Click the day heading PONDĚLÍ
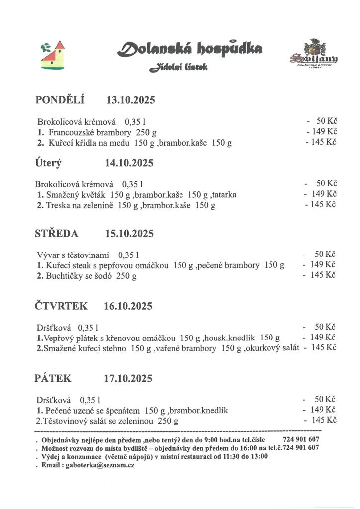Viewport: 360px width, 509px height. (60, 100)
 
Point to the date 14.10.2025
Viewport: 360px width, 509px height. (129, 163)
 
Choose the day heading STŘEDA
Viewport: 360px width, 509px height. (57, 234)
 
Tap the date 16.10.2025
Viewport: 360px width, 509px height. (128, 306)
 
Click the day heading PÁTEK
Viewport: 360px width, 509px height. (53, 379)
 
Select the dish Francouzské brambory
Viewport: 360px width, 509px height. (90, 133)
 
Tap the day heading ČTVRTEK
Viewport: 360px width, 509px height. (61, 306)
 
